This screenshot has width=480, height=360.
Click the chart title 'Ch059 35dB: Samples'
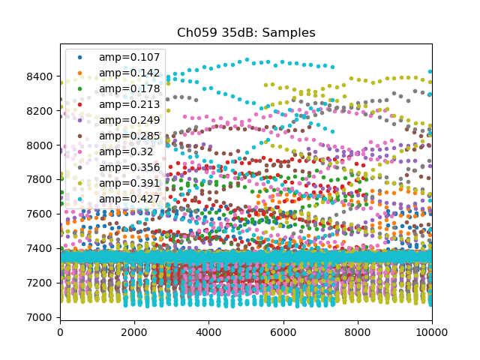coord(246,33)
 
